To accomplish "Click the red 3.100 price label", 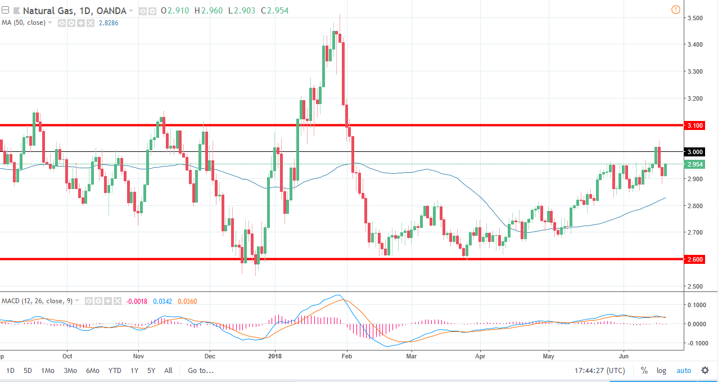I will tap(695, 125).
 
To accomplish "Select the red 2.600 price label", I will tap(695, 259).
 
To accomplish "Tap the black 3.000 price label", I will tap(695, 152).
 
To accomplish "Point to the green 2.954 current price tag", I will tap(695, 164).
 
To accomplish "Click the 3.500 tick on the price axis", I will tap(695, 18).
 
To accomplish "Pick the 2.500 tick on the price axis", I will tap(695, 286).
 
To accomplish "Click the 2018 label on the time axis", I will tap(275, 356).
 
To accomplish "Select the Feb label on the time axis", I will tap(346, 356).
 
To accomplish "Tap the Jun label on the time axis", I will tap(624, 356).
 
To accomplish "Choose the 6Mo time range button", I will tap(93, 371).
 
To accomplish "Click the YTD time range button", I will tap(115, 371).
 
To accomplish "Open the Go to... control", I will tap(201, 371).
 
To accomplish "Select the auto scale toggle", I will tap(683, 371).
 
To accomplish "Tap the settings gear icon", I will tap(705, 370).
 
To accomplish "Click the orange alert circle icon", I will tap(675, 10).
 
